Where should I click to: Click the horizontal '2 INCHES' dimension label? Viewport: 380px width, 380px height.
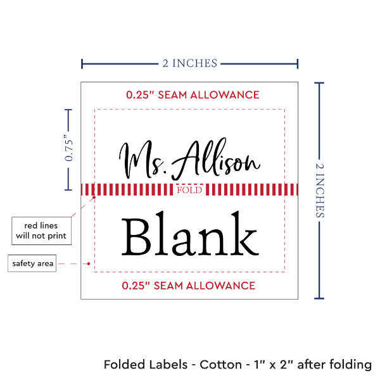(x=190, y=63)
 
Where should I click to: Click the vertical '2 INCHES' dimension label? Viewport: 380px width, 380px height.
(x=320, y=190)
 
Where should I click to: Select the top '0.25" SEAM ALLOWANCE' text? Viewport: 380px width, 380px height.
(x=193, y=95)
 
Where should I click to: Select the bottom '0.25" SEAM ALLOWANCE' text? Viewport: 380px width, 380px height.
(x=189, y=286)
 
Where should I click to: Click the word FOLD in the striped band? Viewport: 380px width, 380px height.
(x=189, y=190)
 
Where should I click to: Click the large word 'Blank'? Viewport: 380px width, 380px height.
(x=190, y=233)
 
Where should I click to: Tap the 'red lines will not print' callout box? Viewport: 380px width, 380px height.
(x=41, y=231)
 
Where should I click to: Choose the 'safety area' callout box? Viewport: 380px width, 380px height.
(x=32, y=263)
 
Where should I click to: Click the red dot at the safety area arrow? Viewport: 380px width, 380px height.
(x=89, y=263)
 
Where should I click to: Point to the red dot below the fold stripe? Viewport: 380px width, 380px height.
(x=94, y=197)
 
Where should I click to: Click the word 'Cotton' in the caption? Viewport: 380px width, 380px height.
(x=220, y=365)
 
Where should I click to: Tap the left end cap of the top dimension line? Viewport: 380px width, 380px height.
(x=82, y=64)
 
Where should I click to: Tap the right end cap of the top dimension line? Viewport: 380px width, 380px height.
(x=298, y=64)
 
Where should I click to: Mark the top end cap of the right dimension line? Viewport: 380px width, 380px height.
(x=319, y=83)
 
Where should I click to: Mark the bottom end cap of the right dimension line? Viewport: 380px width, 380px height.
(x=319, y=298)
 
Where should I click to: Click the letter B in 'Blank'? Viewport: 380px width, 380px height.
(x=135, y=236)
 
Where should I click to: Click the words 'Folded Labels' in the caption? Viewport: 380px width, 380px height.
(x=146, y=365)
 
